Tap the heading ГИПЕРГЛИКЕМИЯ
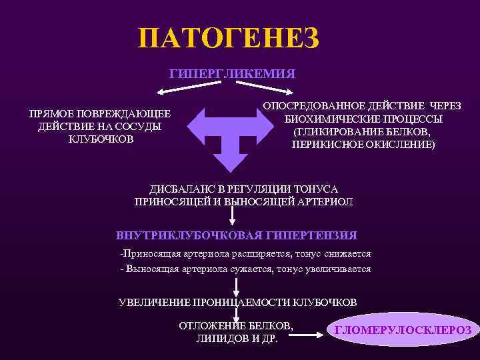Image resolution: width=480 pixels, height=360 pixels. (233, 73)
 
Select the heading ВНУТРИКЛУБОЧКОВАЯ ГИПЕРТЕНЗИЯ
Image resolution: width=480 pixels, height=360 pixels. (237, 235)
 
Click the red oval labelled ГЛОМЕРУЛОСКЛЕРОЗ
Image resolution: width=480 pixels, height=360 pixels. (403, 330)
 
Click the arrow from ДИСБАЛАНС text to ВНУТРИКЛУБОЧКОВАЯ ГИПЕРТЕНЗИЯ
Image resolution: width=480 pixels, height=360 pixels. (231, 214)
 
